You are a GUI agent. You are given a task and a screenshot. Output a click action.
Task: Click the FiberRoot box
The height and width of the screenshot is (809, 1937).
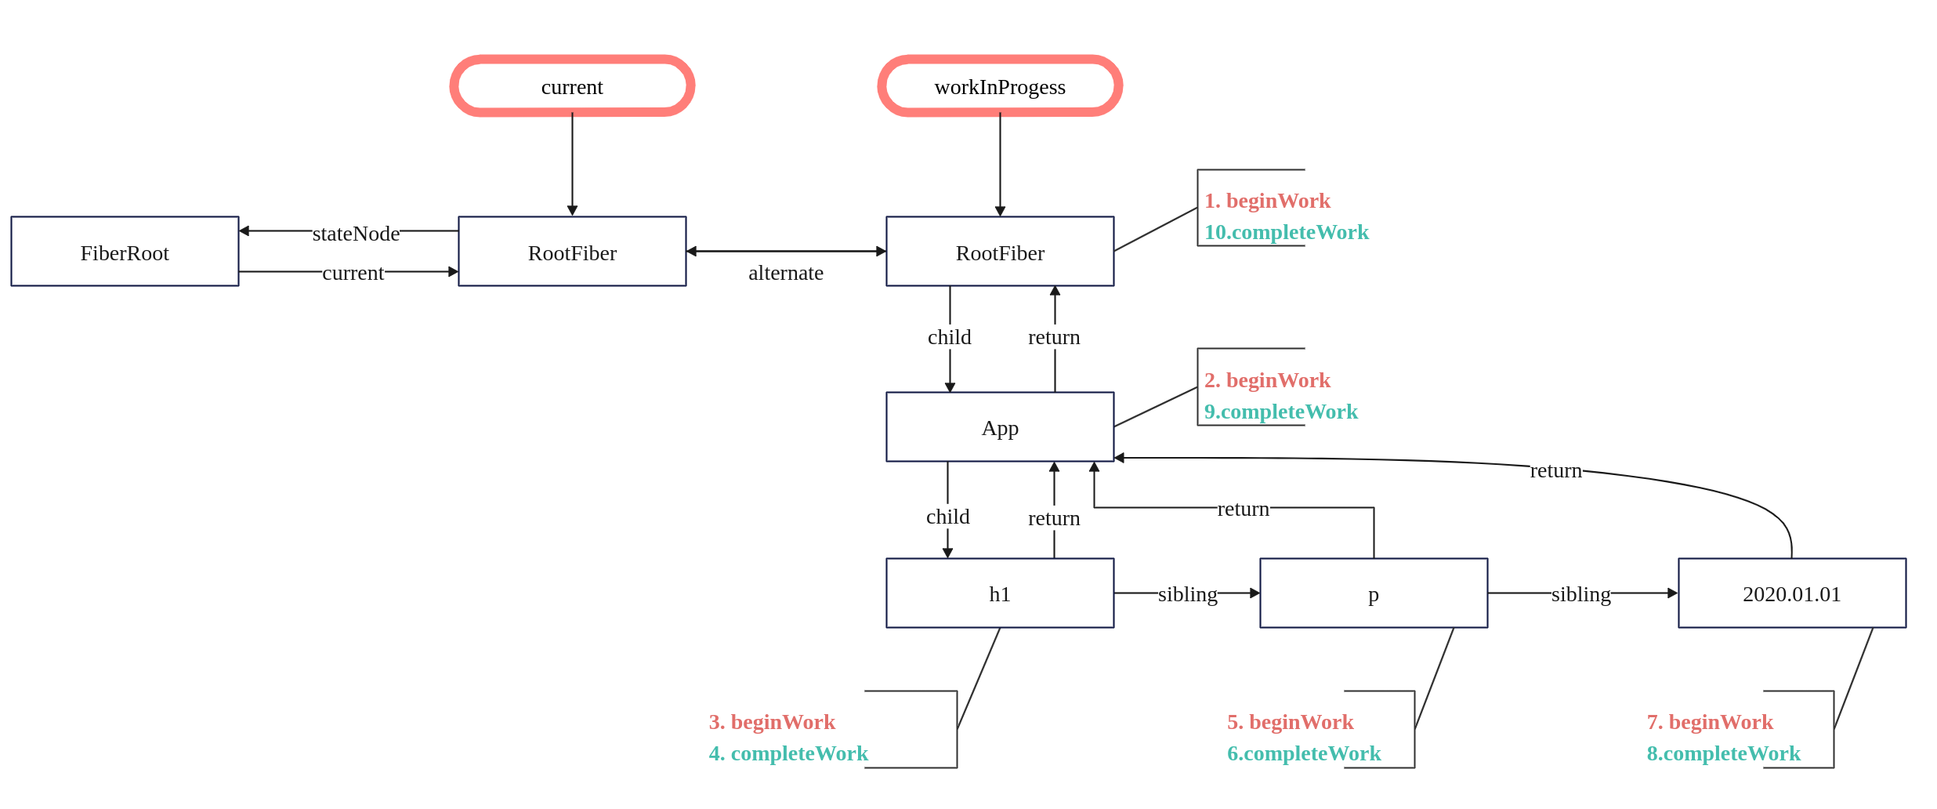click(x=125, y=252)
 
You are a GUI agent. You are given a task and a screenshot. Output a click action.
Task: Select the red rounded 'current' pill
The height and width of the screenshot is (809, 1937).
click(x=572, y=86)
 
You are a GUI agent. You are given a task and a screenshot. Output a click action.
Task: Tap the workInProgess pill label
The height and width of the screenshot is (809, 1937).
click(x=1000, y=87)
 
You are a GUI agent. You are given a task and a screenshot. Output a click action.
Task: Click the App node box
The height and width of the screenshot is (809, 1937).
click(x=1000, y=427)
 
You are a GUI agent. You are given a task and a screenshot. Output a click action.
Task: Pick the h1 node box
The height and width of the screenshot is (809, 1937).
click(x=1000, y=593)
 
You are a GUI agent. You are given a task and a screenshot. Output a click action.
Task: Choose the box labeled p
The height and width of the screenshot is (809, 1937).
click(x=1374, y=593)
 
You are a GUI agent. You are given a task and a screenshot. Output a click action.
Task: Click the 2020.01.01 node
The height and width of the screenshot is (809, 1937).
click(x=1792, y=593)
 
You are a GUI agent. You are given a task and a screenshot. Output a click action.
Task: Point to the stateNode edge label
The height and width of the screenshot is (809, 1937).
click(x=356, y=234)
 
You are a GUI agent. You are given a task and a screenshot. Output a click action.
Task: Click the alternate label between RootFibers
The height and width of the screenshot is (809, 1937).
click(x=786, y=273)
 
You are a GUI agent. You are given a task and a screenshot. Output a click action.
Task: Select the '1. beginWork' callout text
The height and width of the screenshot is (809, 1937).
click(x=1267, y=201)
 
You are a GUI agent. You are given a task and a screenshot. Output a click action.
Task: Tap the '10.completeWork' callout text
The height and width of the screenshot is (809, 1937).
click(x=1287, y=232)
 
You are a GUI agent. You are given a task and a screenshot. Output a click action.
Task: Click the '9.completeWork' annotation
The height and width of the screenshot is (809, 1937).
click(x=1281, y=412)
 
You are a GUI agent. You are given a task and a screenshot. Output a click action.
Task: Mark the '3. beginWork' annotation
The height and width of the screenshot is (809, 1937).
click(x=772, y=722)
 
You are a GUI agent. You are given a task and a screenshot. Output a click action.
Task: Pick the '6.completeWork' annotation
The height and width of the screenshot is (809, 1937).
click(x=1304, y=753)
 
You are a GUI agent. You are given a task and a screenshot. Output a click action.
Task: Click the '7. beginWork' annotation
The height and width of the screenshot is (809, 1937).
click(x=1710, y=722)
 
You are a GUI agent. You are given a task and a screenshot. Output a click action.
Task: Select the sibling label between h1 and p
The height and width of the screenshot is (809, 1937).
click(x=1188, y=594)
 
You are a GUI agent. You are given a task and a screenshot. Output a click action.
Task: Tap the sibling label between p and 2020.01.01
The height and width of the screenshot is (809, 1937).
click(x=1581, y=594)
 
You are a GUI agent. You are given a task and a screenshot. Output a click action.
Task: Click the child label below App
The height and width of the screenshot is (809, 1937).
click(x=948, y=517)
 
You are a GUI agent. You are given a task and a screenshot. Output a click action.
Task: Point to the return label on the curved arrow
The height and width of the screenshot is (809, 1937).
click(x=1556, y=470)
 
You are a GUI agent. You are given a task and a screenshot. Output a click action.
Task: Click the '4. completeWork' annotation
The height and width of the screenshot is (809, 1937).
click(x=788, y=753)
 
